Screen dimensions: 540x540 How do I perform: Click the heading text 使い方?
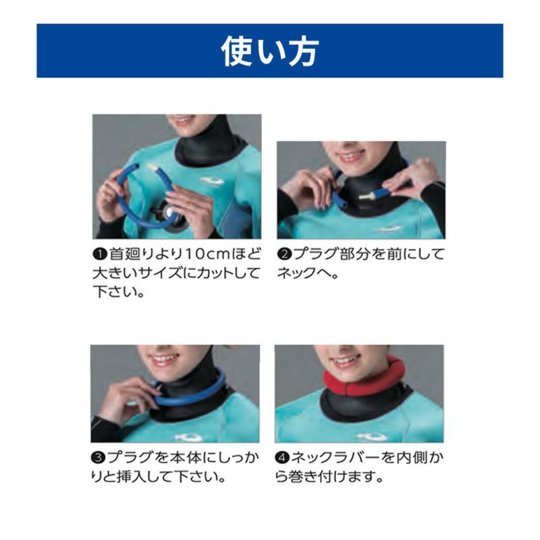click(269, 52)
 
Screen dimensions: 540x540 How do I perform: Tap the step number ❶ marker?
click(100, 254)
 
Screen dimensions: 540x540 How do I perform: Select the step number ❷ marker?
click(284, 254)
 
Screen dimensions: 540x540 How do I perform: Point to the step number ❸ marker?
click(98, 458)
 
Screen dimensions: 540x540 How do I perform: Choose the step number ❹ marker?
click(282, 458)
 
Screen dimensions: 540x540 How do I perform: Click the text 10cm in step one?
click(207, 254)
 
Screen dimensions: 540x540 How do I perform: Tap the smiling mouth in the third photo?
click(164, 360)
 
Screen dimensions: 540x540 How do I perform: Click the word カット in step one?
click(214, 273)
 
